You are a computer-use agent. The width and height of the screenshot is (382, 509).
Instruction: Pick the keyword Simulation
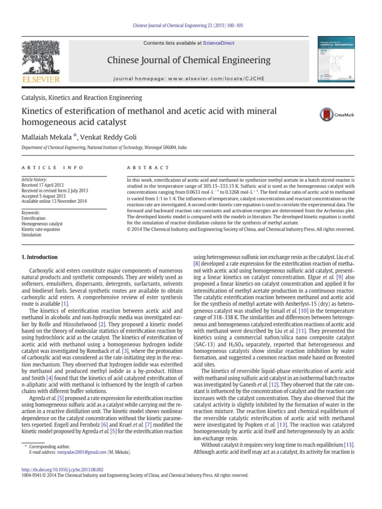pos(32,235)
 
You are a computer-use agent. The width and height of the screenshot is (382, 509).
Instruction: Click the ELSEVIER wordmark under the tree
pos(41,80)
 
